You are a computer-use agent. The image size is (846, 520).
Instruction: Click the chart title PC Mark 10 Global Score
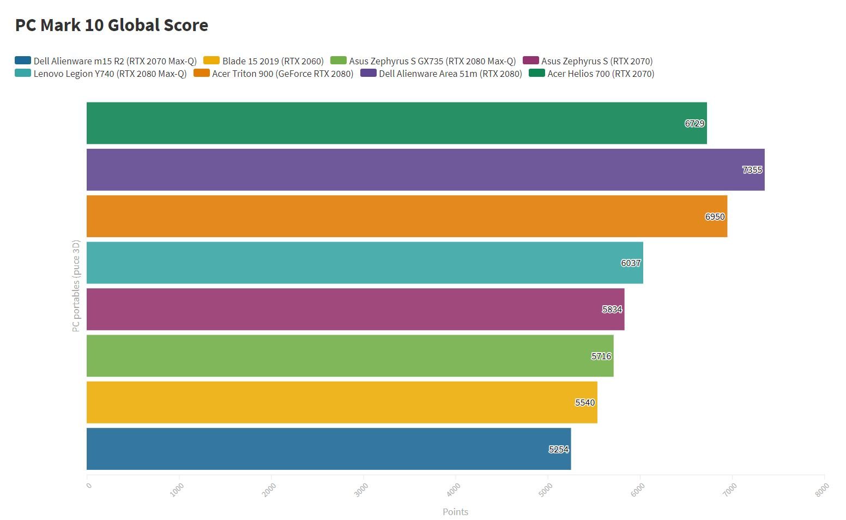[111, 25]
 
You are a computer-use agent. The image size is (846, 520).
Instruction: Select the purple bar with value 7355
[425, 170]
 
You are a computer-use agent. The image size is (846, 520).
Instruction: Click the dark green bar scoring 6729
[396, 123]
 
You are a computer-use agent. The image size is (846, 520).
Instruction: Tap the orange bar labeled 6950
[407, 216]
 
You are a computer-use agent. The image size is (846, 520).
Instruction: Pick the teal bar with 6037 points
[365, 263]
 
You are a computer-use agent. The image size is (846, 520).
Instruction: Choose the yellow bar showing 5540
[342, 402]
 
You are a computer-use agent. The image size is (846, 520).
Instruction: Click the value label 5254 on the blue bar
[559, 449]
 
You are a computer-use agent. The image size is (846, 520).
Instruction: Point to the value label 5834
[612, 310]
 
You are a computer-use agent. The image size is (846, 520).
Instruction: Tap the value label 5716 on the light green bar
[601, 356]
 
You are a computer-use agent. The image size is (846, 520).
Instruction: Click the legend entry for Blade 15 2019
[273, 61]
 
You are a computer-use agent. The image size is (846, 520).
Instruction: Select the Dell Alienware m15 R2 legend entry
[114, 61]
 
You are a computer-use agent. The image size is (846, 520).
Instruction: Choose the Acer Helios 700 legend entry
[600, 74]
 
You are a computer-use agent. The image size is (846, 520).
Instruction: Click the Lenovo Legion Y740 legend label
[110, 74]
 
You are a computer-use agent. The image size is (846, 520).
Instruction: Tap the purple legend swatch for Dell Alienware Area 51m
[368, 73]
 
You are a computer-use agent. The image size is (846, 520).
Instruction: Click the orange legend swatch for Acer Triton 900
[202, 73]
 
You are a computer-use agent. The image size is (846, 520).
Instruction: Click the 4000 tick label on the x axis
[454, 489]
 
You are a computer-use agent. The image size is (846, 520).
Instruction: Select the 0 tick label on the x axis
[89, 485]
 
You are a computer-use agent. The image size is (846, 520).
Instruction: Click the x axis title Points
[455, 512]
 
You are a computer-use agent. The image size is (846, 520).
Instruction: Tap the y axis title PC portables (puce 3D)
[76, 286]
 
